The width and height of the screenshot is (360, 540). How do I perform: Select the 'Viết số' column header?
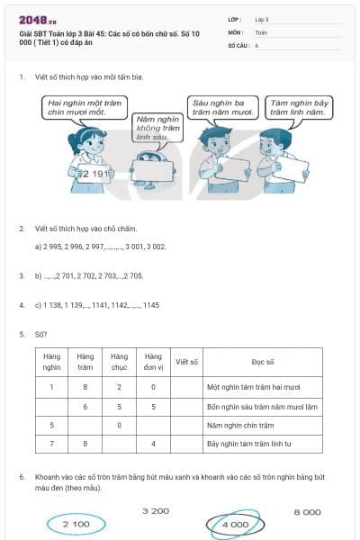(x=187, y=362)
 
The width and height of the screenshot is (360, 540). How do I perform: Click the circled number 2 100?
(x=76, y=523)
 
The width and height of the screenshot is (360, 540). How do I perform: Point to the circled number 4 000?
(x=235, y=523)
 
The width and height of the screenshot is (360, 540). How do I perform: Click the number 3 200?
(x=156, y=511)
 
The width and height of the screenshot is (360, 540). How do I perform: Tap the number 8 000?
(x=307, y=511)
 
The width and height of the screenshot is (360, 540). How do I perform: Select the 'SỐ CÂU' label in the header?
(x=238, y=44)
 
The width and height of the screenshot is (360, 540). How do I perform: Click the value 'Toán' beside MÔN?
(x=261, y=31)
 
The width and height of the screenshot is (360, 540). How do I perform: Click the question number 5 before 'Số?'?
(x=22, y=333)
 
